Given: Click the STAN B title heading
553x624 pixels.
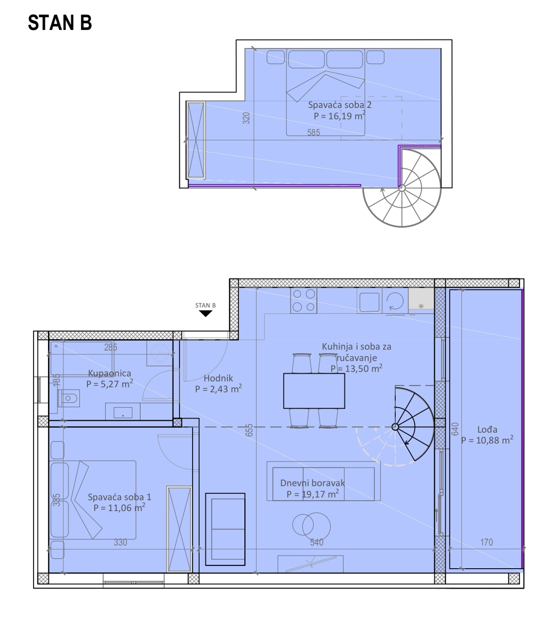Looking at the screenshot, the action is [x=60, y=23].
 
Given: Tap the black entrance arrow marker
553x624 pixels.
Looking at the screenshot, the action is [x=205, y=314].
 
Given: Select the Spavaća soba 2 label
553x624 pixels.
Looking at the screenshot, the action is [x=340, y=105].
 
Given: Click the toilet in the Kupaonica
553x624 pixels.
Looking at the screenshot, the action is [x=69, y=398].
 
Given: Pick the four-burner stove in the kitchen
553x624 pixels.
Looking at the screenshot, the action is [x=303, y=300].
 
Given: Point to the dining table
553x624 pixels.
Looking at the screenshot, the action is [x=314, y=391].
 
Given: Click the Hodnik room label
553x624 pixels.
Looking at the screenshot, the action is [x=218, y=378].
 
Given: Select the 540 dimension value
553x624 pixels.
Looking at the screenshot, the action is [x=316, y=542].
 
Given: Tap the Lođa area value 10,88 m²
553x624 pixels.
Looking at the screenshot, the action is [x=487, y=440].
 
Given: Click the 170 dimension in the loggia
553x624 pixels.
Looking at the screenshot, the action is [x=487, y=542].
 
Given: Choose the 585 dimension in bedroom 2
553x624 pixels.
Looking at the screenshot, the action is [x=313, y=132].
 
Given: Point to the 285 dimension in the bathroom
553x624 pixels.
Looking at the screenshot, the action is [x=111, y=347].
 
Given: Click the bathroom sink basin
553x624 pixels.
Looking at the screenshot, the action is [x=123, y=412].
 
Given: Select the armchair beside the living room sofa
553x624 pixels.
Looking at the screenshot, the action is [x=225, y=529].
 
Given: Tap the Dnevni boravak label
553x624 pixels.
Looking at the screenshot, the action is [x=312, y=483].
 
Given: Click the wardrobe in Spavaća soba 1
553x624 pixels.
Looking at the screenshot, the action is [x=179, y=529].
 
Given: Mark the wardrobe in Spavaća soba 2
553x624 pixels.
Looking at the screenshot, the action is [x=196, y=140].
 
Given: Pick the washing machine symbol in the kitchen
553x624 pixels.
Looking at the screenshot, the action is [x=395, y=301].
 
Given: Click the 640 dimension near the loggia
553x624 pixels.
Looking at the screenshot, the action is [x=455, y=429].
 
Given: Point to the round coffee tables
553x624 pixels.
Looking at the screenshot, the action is [x=312, y=525].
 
